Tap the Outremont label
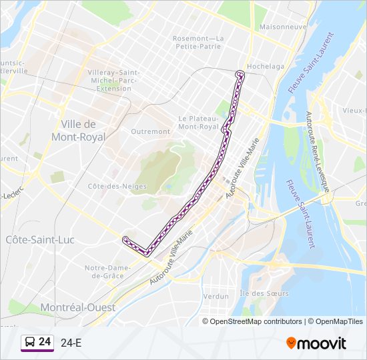pyautogui.click(x=150, y=131)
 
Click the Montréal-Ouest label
pyautogui.click(x=77, y=307)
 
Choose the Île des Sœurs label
pyautogui.click(x=264, y=293)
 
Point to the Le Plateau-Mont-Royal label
pyautogui.click(x=199, y=122)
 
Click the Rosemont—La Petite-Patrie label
pyautogui.click(x=198, y=43)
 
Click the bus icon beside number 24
pyautogui.click(x=30, y=343)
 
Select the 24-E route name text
pyautogui.click(x=71, y=343)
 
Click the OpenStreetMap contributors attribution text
pyautogui.click(x=255, y=321)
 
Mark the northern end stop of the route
pyautogui.click(x=240, y=73)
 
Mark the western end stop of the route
pyautogui.click(x=125, y=238)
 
